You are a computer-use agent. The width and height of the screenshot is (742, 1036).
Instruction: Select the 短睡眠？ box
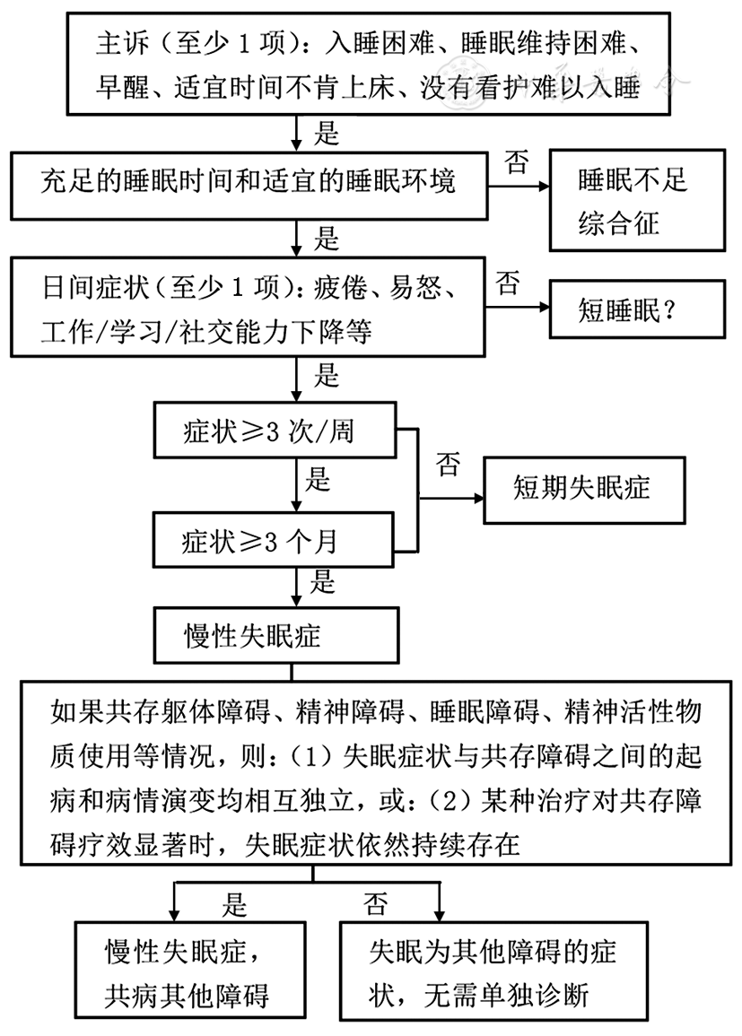click(638, 309)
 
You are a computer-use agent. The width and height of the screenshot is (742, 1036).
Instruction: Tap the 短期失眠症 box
click(582, 489)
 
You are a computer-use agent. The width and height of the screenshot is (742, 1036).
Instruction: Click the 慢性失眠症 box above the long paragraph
click(275, 636)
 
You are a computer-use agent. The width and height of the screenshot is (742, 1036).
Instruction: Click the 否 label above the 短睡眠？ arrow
click(507, 285)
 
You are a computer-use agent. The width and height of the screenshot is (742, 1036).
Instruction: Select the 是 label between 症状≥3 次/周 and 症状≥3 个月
click(318, 480)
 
